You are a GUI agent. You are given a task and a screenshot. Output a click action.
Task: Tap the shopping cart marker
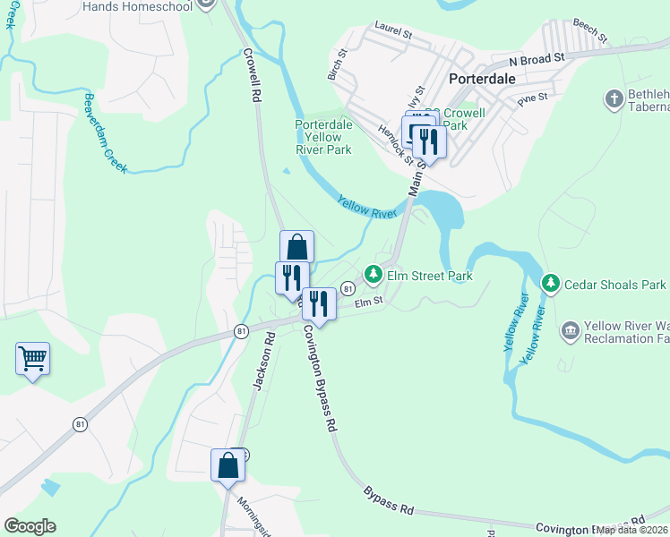[x=32, y=359]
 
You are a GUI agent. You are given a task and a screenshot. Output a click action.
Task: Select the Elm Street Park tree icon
[x=373, y=276]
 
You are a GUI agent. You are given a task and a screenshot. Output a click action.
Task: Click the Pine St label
[x=532, y=96]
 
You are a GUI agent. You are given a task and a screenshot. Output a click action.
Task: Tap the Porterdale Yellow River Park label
[x=322, y=137]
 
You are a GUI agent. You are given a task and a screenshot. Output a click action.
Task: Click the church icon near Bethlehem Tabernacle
[x=614, y=98]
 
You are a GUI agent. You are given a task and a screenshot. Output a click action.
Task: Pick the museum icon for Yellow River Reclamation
[x=570, y=332]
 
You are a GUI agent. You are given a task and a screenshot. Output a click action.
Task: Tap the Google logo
[x=30, y=526]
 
